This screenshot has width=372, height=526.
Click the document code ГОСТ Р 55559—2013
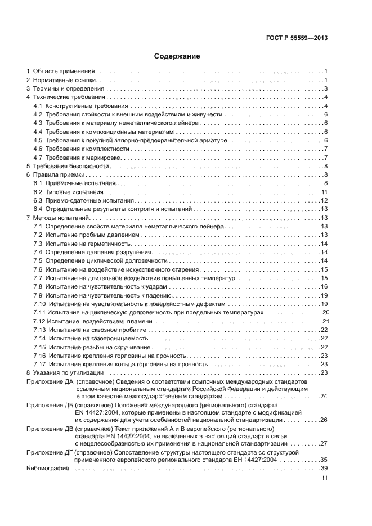coord(297,38)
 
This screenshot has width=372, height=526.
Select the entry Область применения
coord(64,71)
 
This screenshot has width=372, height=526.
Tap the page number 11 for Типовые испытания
coord(324,192)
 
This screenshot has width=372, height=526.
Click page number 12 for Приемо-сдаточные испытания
coord(324,201)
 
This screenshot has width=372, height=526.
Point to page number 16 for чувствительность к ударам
coord(324,286)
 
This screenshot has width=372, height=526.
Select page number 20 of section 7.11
coord(325,312)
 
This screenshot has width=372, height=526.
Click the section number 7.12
coord(39,321)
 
